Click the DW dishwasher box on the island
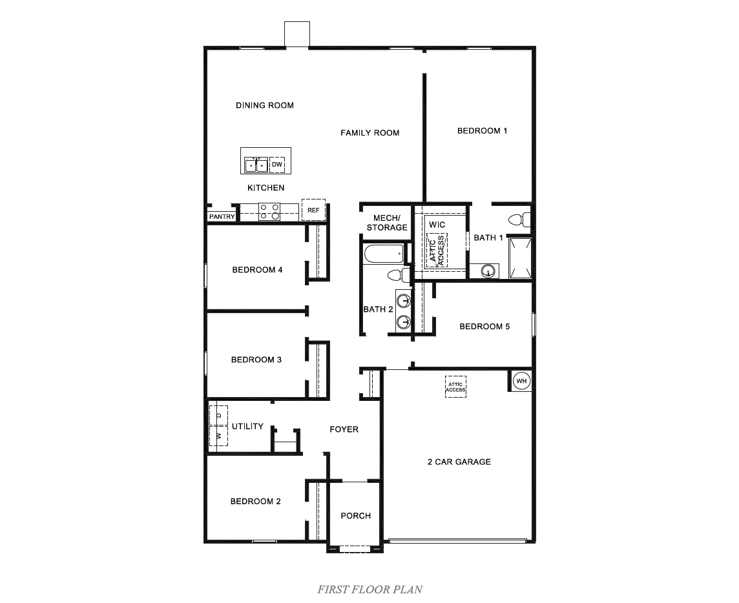[277, 165]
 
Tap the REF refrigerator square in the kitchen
[313, 210]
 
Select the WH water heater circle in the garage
[521, 381]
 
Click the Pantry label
[222, 217]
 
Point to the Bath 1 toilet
[520, 219]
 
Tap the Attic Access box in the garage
[455, 387]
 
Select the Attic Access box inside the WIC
[437, 250]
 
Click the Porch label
[356, 515]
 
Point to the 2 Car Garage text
[459, 462]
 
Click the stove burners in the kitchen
[269, 212]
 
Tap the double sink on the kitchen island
[256, 165]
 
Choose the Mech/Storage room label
[387, 223]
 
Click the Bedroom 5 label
[484, 327]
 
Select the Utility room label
[247, 426]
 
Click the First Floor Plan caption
[369, 589]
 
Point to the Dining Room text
[265, 105]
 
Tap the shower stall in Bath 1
[521, 258]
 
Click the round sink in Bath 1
[488, 271]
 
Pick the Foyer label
[344, 429]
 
